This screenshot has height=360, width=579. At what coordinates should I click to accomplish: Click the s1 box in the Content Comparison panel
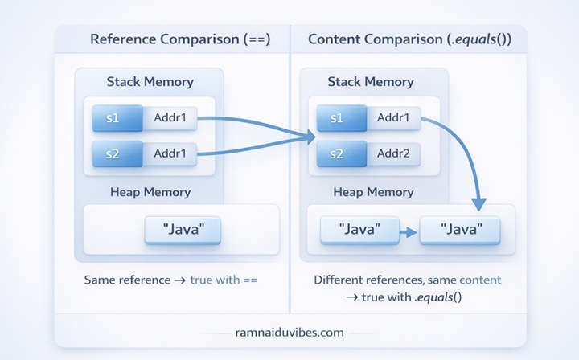[336, 119]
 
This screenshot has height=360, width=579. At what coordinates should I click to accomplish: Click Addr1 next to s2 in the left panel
[170, 152]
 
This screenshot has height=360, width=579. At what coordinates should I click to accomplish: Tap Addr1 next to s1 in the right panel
[392, 119]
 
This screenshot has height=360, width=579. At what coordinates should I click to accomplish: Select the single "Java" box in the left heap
[182, 230]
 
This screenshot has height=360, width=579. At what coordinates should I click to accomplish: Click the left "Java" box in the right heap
[359, 230]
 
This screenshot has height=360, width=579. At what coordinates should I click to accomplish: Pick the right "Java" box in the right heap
[461, 230]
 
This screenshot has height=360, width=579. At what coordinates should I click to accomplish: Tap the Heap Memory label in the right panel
[373, 192]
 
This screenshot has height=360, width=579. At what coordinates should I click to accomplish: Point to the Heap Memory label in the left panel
[150, 192]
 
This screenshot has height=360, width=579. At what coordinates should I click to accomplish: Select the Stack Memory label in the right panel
[371, 82]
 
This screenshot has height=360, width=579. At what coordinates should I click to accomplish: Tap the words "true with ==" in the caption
[229, 280]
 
